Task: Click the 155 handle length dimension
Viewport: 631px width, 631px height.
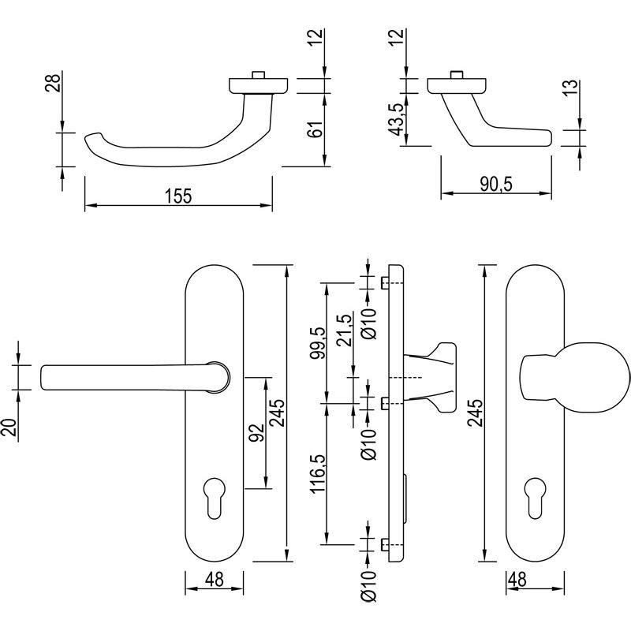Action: pos(179,196)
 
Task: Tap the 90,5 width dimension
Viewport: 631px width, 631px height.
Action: pos(495,183)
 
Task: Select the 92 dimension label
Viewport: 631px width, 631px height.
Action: pos(254,434)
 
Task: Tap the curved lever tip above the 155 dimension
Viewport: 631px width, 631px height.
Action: pos(92,138)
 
